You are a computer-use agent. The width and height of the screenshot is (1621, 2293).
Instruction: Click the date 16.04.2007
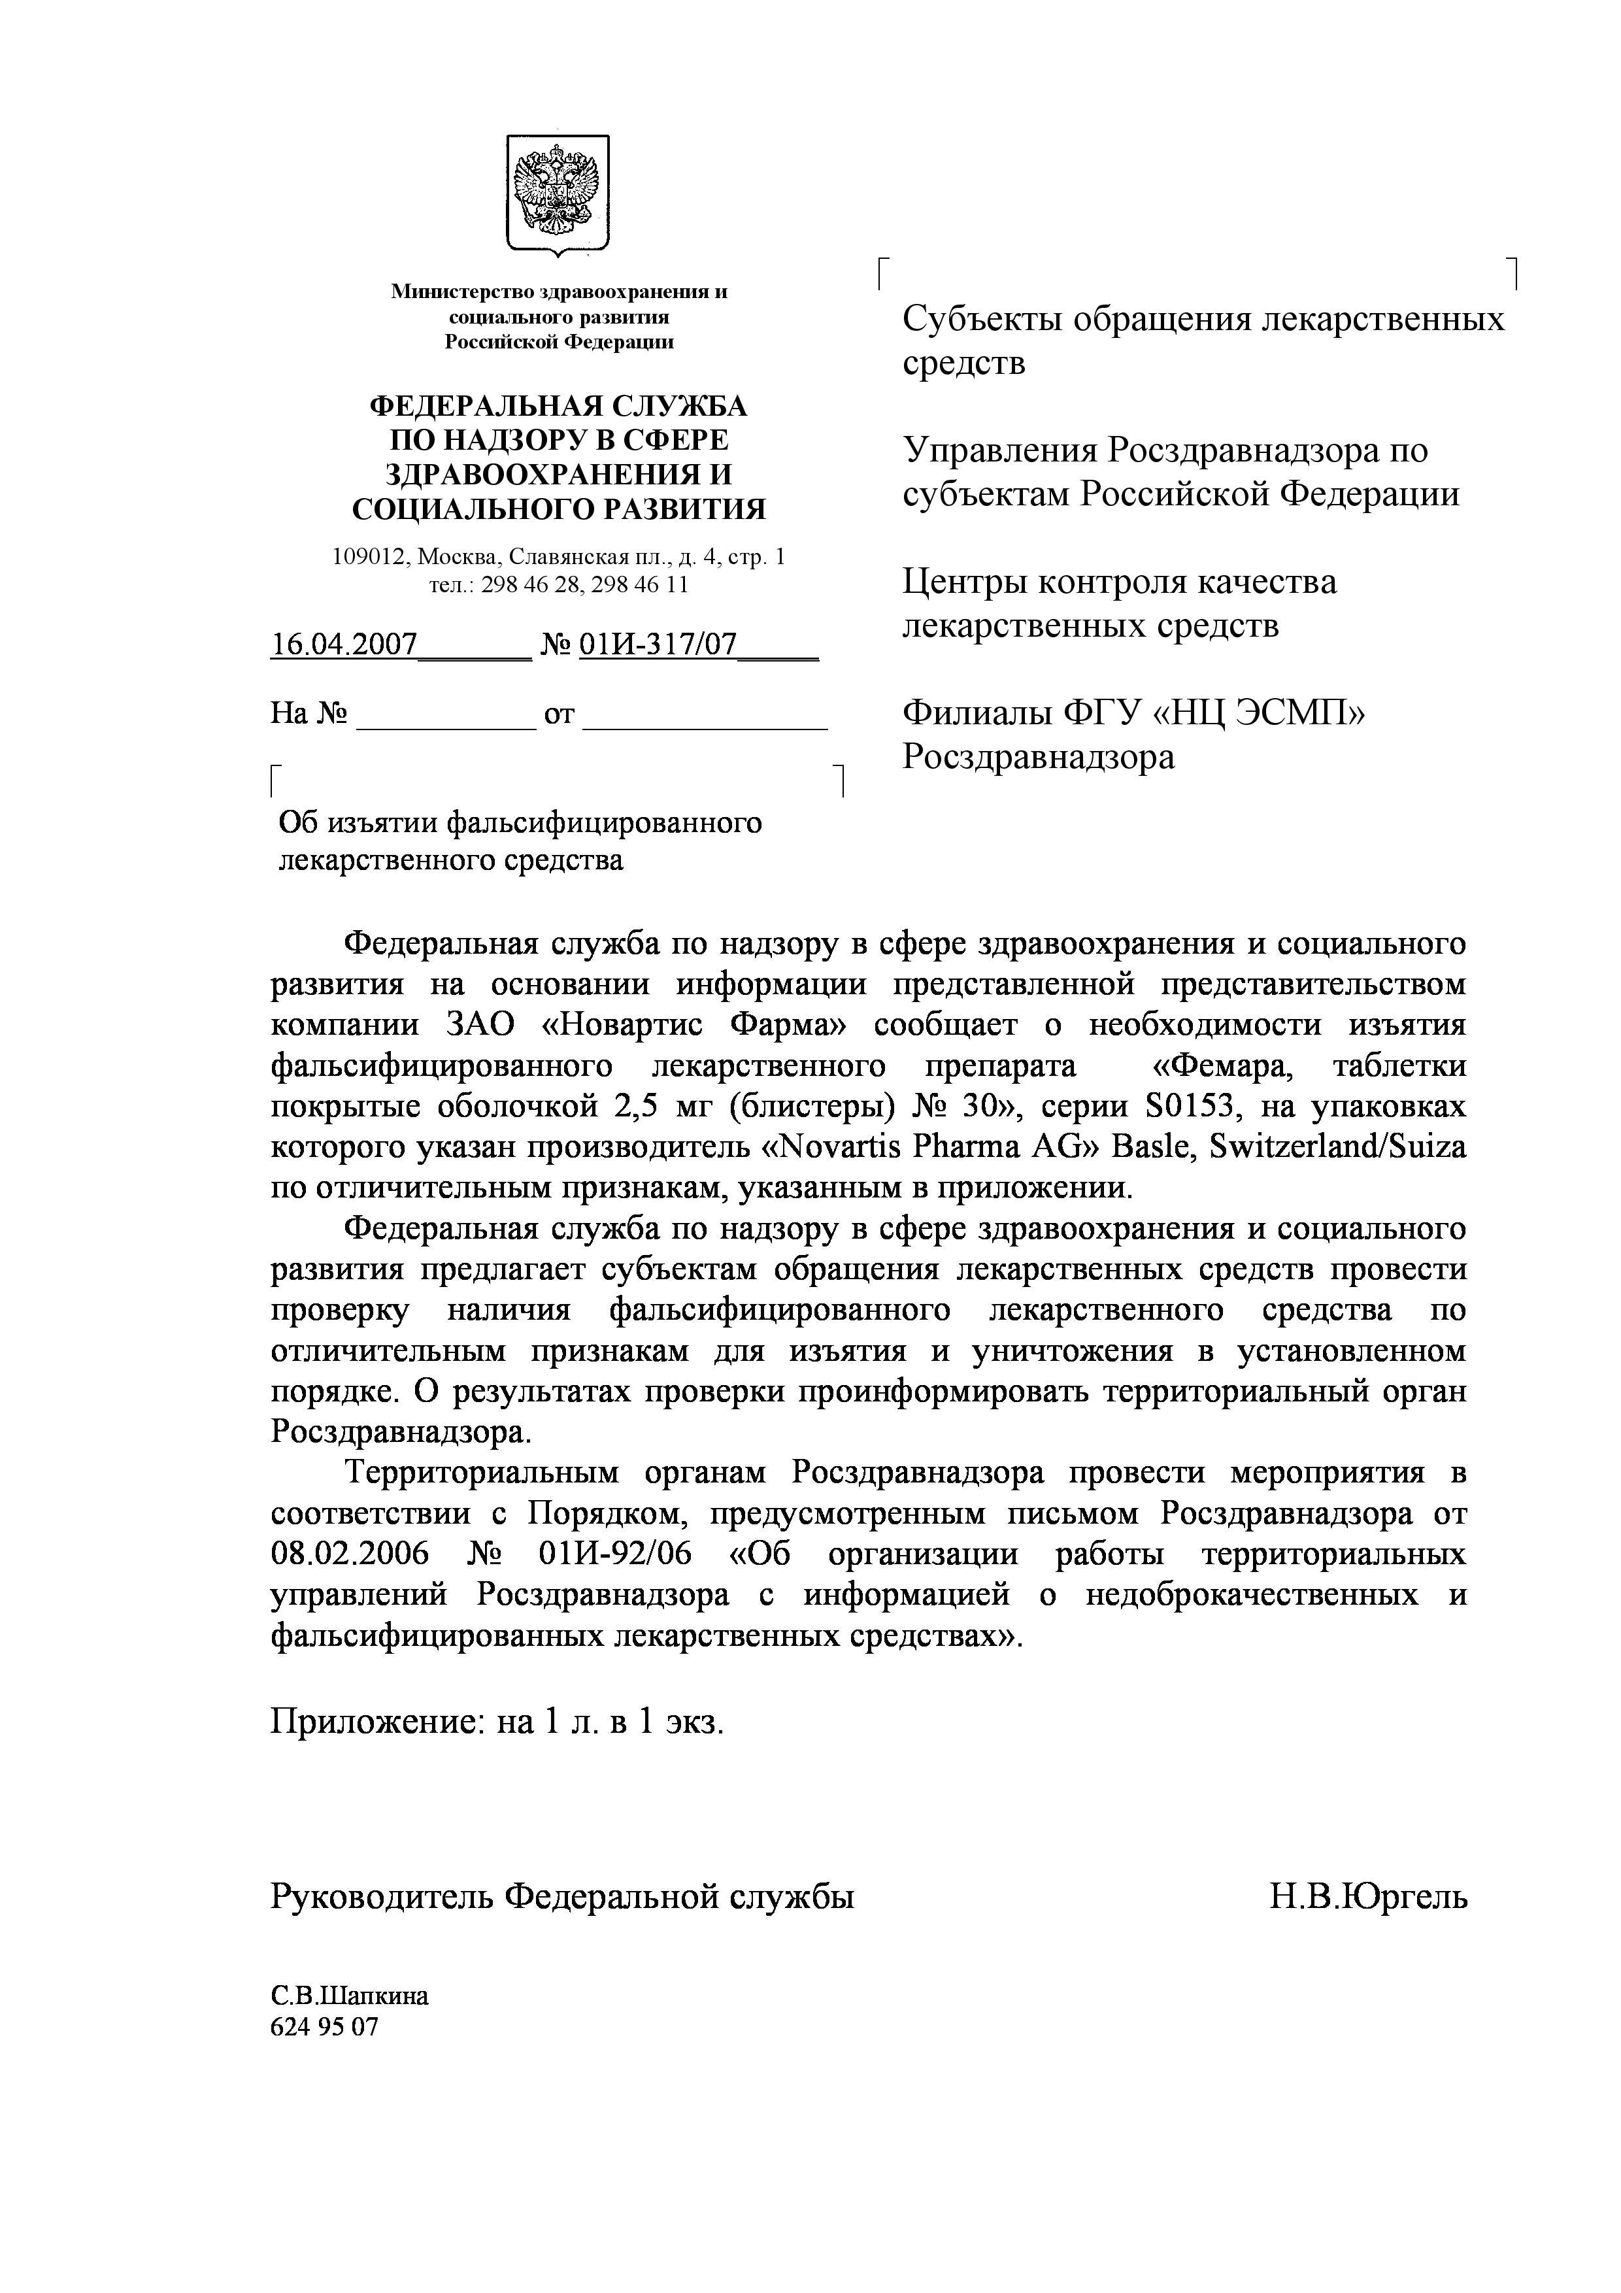coord(344,644)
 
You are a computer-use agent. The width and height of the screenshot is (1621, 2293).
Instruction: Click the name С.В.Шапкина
coord(350,1996)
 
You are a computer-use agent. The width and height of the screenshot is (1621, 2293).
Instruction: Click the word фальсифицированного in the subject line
coord(603,823)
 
